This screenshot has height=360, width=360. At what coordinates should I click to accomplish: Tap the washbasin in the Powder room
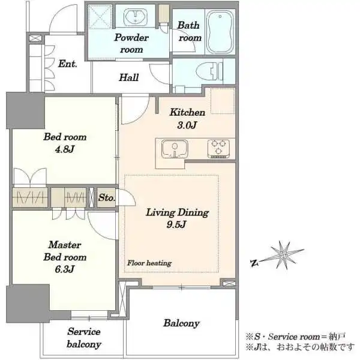pyautogui.click(x=136, y=17)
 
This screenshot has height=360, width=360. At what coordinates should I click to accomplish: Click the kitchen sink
pyautogui.click(x=175, y=149)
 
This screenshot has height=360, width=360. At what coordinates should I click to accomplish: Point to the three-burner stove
pyautogui.click(x=218, y=149)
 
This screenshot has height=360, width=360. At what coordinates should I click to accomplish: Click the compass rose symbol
pyautogui.click(x=284, y=256)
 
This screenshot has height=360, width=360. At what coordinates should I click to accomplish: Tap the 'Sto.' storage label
pyautogui.click(x=106, y=197)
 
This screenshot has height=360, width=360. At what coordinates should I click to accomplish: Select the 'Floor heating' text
pyautogui.click(x=149, y=263)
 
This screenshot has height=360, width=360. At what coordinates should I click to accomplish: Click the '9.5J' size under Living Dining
pyautogui.click(x=176, y=225)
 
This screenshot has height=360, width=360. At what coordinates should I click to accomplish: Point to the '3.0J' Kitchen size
pyautogui.click(x=187, y=125)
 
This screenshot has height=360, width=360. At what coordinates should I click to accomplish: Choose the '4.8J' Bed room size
pyautogui.click(x=65, y=149)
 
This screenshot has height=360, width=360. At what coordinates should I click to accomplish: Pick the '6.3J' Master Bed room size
pyautogui.click(x=65, y=269)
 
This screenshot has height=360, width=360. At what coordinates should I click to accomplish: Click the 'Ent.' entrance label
pyautogui.click(x=67, y=64)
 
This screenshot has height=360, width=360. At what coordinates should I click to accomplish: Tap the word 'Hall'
pyautogui.click(x=129, y=77)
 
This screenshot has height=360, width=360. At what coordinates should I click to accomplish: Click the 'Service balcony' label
pyautogui.click(x=84, y=338)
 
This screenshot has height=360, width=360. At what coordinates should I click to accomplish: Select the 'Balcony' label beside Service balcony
pyautogui.click(x=181, y=323)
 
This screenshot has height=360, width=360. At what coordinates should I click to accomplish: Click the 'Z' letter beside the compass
pyautogui.click(x=254, y=263)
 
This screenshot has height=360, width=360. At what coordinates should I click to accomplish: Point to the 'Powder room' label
pyautogui.click(x=131, y=44)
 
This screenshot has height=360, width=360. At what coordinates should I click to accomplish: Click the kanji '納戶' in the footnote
pyautogui.click(x=337, y=337)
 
